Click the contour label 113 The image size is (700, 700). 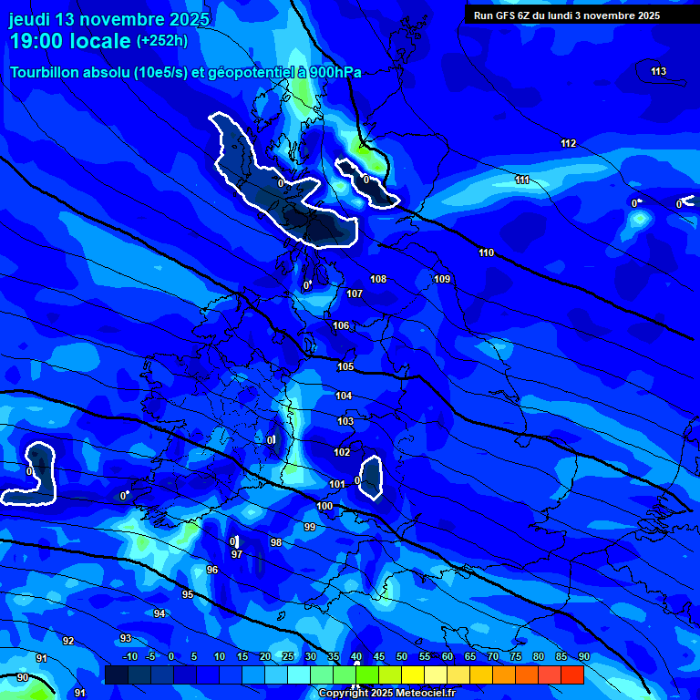[659, 71]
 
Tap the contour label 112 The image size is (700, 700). [568, 143]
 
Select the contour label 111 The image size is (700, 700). [522, 180]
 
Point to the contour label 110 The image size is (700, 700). [486, 252]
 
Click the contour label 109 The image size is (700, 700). [442, 279]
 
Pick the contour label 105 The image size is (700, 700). [345, 366]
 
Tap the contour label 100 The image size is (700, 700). [324, 506]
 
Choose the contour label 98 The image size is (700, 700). [276, 542]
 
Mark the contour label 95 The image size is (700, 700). [188, 594]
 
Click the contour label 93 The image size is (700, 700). [126, 638]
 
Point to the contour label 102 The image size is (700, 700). [342, 452]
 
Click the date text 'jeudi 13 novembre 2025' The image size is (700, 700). [109, 19]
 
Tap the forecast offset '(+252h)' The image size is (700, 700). [162, 40]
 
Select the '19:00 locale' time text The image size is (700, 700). [71, 41]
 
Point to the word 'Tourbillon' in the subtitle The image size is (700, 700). [45, 73]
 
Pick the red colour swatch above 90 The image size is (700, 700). [572, 674]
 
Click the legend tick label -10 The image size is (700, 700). [129, 656]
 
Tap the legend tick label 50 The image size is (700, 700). [402, 656]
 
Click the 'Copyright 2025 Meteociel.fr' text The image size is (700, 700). [386, 693]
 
